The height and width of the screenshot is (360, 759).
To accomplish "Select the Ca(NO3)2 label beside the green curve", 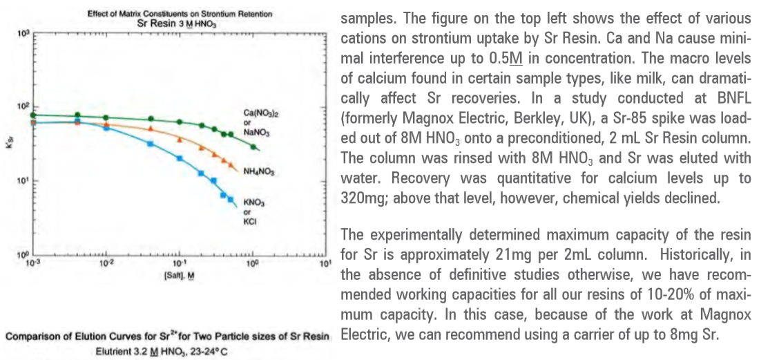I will click(x=256, y=112).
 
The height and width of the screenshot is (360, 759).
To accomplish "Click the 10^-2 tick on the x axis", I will click(x=106, y=263).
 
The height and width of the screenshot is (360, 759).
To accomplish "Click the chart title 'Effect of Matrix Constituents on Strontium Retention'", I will click(x=180, y=14).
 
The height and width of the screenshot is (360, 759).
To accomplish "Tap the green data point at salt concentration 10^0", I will click(x=253, y=146).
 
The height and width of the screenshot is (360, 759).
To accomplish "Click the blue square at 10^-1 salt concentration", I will click(x=179, y=158).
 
